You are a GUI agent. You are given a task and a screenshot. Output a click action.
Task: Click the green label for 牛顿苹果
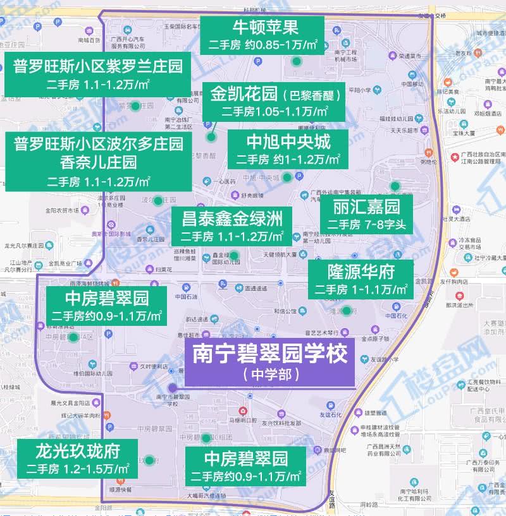pos(262,35)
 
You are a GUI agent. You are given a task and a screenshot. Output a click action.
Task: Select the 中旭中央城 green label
pos(288,149)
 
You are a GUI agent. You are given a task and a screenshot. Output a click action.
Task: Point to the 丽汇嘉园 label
pos(367,214)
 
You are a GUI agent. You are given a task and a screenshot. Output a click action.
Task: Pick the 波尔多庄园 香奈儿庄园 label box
pos(98,161)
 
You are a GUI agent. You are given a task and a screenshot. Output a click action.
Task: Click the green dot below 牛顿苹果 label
pos(296,61)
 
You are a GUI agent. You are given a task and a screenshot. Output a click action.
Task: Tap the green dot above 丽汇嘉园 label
pos(395,186)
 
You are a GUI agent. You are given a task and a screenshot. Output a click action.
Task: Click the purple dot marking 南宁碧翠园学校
pos(172,388)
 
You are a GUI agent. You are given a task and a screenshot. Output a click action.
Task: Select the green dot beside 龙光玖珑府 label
pos(149,460)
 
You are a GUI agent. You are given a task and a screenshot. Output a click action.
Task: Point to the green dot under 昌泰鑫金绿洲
pos(234,256)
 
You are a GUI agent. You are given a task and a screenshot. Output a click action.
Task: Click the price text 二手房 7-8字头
pos(367,224)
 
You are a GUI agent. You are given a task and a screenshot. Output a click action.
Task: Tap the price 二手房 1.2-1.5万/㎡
pos(78,469)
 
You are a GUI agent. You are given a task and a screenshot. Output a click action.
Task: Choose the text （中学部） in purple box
pos(270,375)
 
